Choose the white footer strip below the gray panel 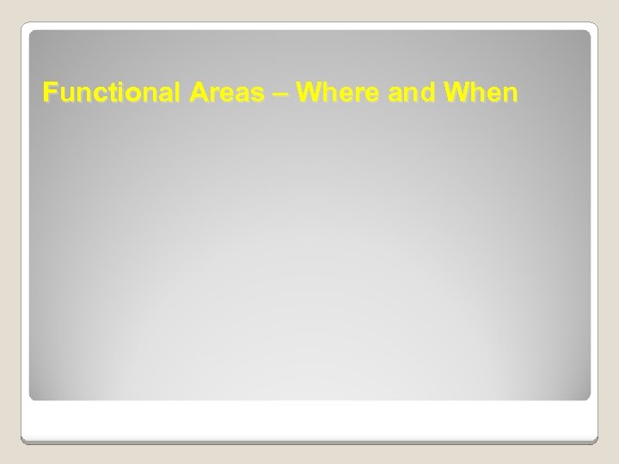click(x=309, y=421)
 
